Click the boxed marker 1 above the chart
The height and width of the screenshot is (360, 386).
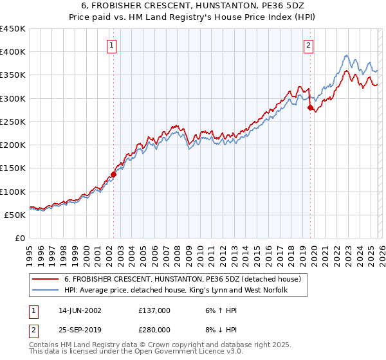click(x=113, y=45)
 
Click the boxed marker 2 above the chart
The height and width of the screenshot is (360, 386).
click(x=309, y=45)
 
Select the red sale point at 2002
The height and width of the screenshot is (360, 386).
click(x=114, y=174)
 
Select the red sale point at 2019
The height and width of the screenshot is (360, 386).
click(x=310, y=107)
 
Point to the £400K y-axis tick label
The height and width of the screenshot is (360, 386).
click(x=13, y=52)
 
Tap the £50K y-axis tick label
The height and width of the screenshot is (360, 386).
click(x=15, y=215)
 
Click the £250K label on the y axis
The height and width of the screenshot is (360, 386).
click(x=13, y=122)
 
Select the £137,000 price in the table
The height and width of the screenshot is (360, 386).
click(x=154, y=310)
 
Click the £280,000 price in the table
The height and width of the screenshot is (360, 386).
click(x=154, y=330)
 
